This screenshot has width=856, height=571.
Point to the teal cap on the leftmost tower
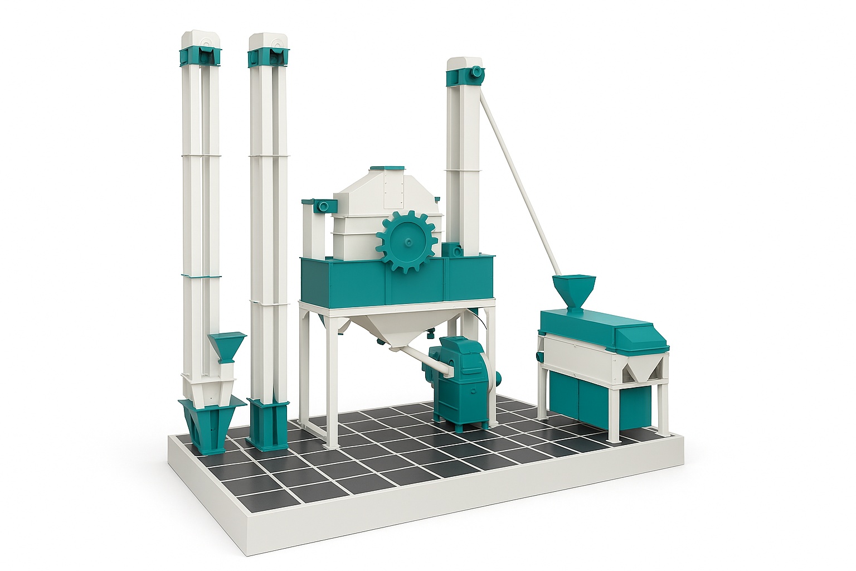(200, 55)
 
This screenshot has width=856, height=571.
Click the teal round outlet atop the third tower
(477, 72)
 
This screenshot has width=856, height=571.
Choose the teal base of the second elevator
(268, 424)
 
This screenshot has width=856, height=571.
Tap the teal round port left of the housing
(322, 206)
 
